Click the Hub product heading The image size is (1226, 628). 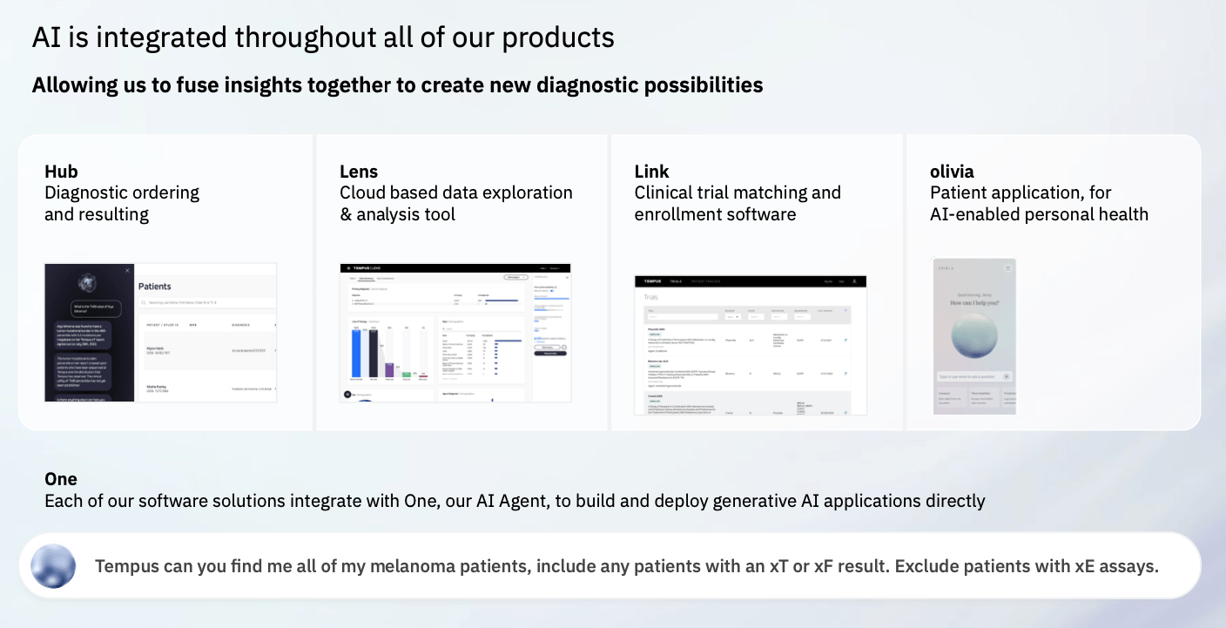(x=61, y=172)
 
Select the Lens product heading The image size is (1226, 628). (x=359, y=172)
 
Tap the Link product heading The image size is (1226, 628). (x=651, y=172)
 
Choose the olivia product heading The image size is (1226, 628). (x=952, y=172)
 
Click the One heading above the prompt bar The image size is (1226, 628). (x=61, y=479)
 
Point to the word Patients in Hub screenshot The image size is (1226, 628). (x=155, y=287)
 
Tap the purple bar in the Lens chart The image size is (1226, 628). (x=390, y=369)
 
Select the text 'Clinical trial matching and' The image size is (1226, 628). (x=738, y=192)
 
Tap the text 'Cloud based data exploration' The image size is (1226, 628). (x=455, y=192)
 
